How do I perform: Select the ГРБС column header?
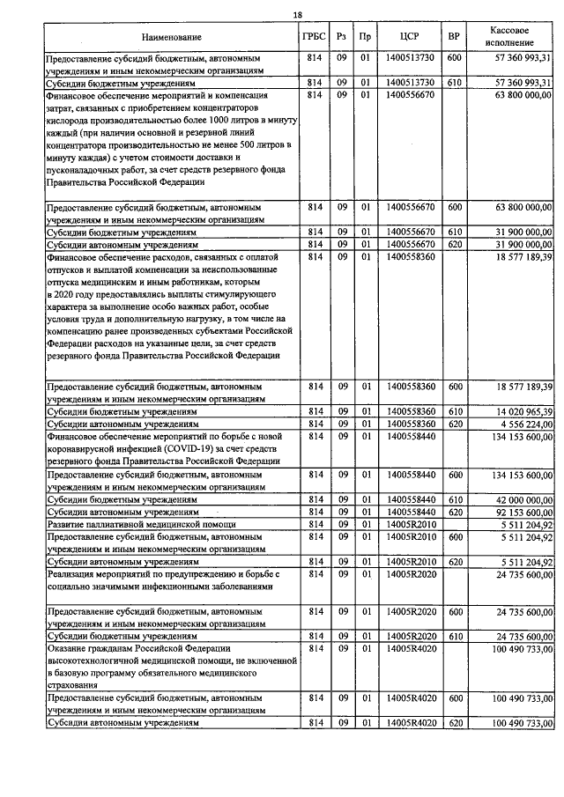click(x=313, y=37)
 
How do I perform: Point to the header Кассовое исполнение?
click(x=511, y=36)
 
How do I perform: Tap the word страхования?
click(x=76, y=684)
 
